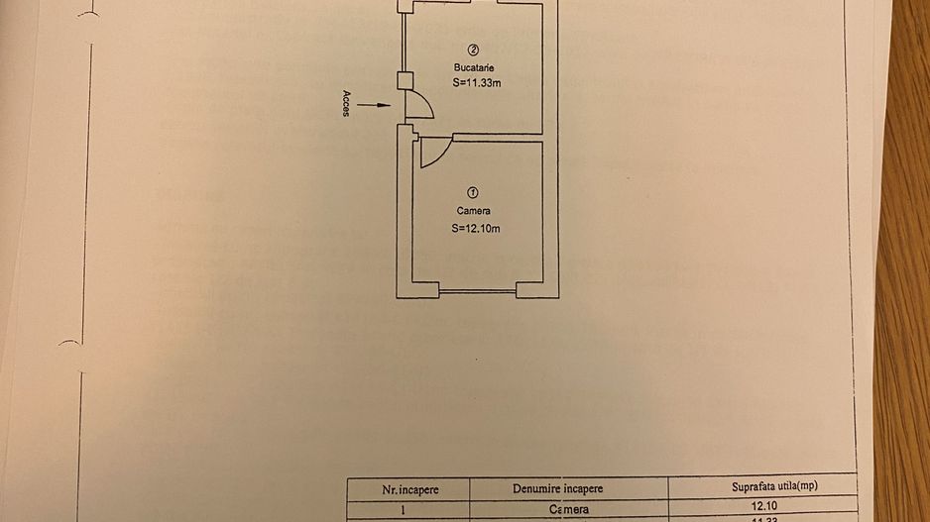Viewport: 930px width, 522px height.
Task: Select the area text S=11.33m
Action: click(x=476, y=83)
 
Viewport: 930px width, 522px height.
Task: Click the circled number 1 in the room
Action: click(x=473, y=192)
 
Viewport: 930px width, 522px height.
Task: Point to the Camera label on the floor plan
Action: click(x=473, y=211)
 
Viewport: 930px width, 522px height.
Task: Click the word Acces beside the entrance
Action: click(x=346, y=103)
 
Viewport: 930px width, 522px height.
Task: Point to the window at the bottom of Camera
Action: click(x=478, y=290)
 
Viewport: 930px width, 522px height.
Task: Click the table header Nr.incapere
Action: click(x=410, y=489)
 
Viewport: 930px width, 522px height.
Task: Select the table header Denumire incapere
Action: click(x=557, y=489)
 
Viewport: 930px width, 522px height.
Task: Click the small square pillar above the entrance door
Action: click(x=404, y=82)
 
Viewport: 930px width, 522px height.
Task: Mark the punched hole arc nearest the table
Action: click(x=69, y=343)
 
